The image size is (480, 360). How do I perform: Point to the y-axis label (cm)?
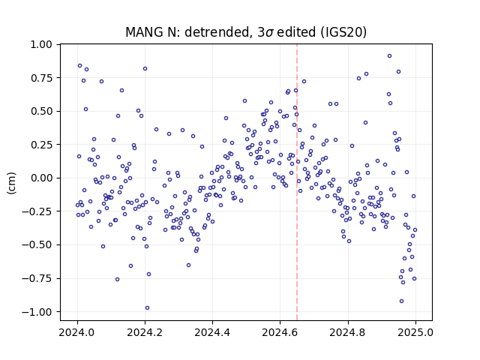click(x=11, y=183)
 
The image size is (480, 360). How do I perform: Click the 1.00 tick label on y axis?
click(x=41, y=45)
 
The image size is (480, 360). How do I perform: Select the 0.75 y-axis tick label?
click(x=41, y=78)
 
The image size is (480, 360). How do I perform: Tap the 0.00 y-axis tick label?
click(x=41, y=178)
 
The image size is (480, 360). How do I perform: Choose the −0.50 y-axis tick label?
click(x=37, y=245)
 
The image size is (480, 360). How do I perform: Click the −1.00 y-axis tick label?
click(x=37, y=312)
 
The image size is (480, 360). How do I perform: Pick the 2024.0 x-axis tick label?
click(x=77, y=332)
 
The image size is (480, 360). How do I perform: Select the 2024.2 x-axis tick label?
click(x=145, y=332)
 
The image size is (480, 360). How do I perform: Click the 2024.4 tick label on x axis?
click(x=212, y=332)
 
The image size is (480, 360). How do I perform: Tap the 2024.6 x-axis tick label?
click(x=280, y=332)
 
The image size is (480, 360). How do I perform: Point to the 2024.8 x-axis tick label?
click(x=348, y=332)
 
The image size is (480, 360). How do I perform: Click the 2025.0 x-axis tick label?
click(x=415, y=332)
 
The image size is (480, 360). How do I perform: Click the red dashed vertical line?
click(x=297, y=182)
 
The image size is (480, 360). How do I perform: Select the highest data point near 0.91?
click(x=389, y=56)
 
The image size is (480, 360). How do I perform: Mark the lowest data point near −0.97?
click(x=147, y=308)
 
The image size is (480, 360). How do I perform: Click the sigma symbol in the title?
click(x=269, y=33)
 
